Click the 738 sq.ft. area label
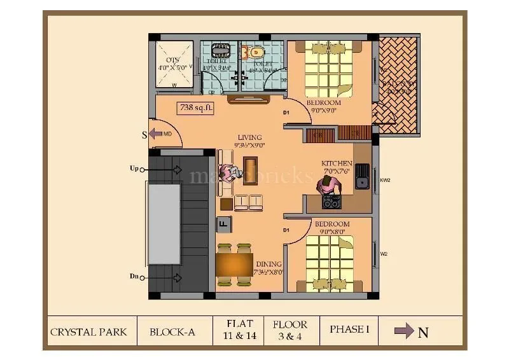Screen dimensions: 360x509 coord(196,108)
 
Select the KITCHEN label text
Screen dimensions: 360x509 coord(337,163)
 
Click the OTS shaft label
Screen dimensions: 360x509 coord(172,60)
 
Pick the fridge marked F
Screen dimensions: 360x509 coord(223,223)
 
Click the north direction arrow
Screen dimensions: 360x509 coord(405,331)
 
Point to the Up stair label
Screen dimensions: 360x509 coord(134,169)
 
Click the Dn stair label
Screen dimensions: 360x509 coord(134,276)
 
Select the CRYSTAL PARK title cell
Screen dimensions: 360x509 coord(88,331)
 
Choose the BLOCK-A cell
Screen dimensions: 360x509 coord(172,331)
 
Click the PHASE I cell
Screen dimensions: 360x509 coord(349,329)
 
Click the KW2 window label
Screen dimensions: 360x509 coord(385,180)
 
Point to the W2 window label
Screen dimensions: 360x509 coord(384,254)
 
